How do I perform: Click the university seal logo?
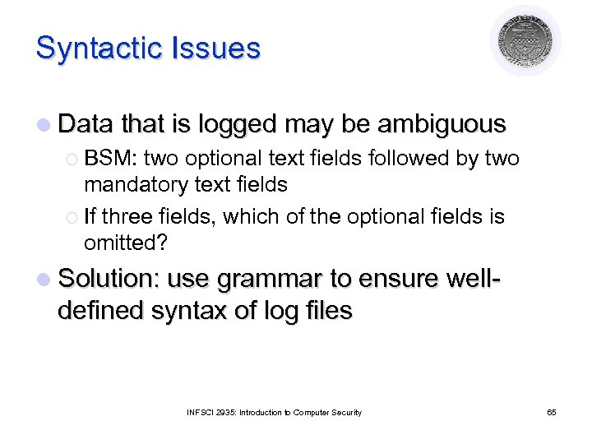point(525,40)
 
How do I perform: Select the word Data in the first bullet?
point(86,124)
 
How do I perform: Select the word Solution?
point(108,280)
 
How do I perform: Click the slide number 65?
point(552,412)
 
